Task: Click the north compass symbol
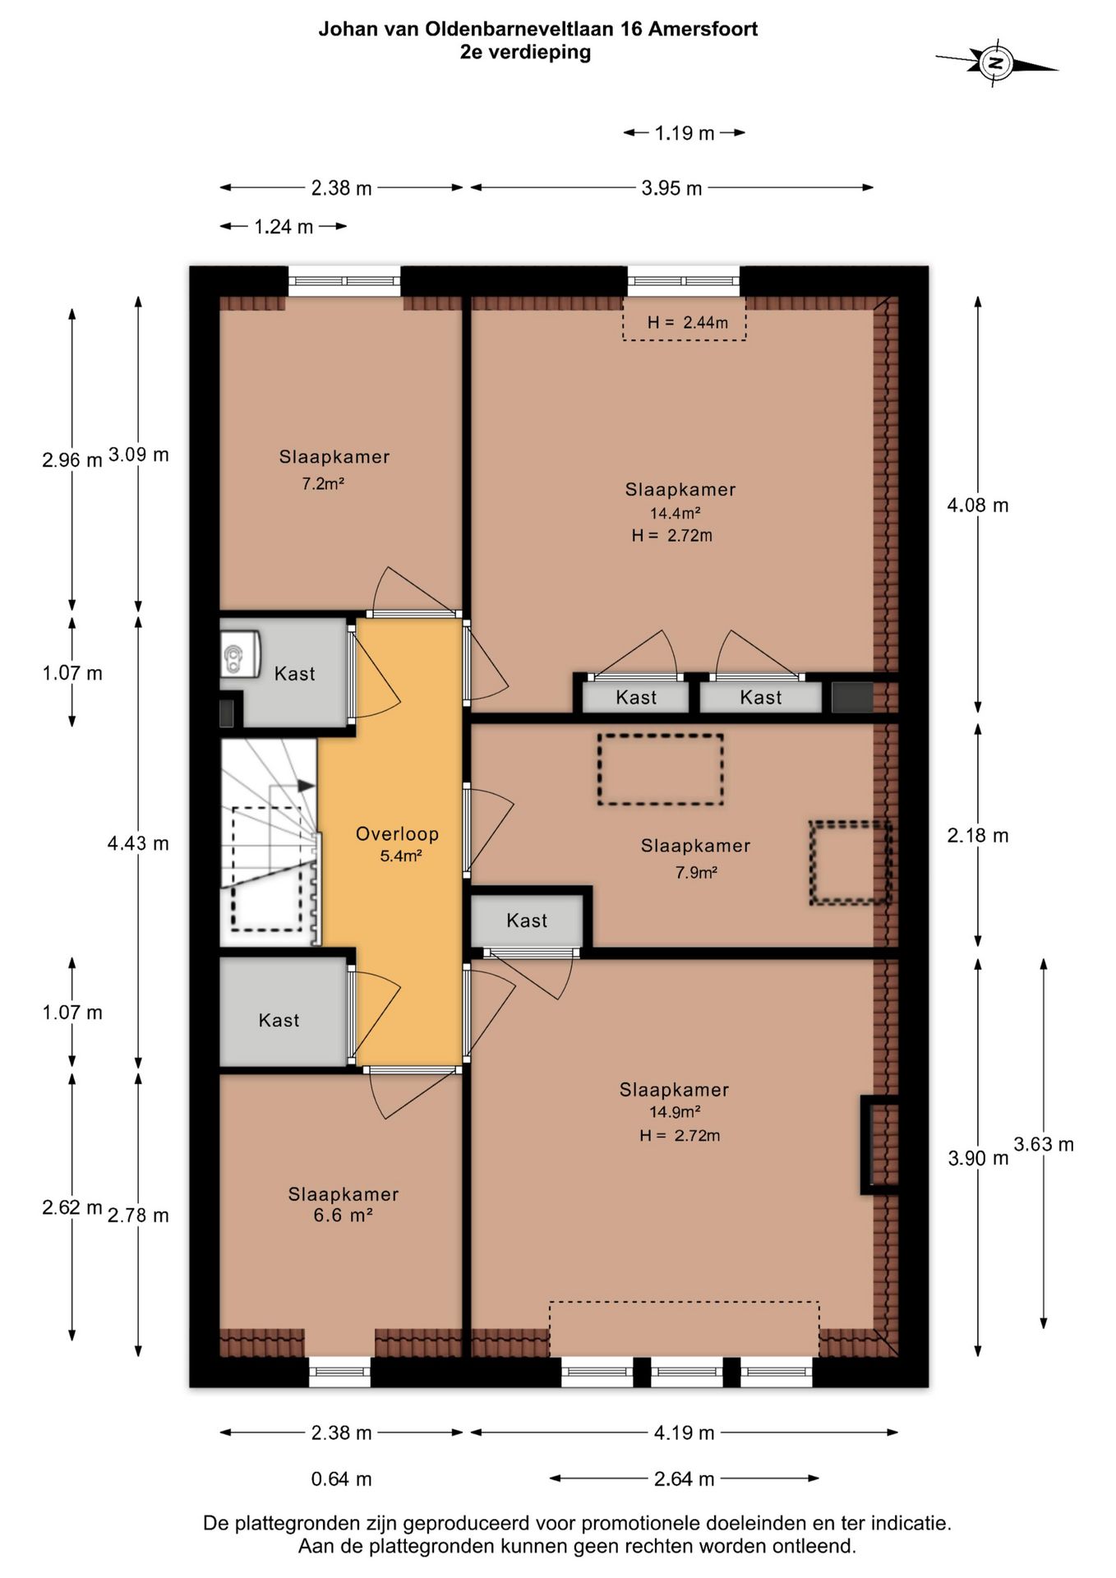[996, 62]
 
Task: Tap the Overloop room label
[397, 833]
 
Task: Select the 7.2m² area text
[323, 483]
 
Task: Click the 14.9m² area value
[675, 1112]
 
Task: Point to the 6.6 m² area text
[344, 1215]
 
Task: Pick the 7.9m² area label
[696, 872]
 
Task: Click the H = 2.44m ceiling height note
[687, 322]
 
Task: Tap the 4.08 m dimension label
[978, 505]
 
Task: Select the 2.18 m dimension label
[978, 835]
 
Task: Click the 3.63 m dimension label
[1044, 1144]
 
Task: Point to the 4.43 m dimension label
[138, 842]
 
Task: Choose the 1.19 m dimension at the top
[685, 132]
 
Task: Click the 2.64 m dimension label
[684, 1479]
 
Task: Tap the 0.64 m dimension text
[341, 1479]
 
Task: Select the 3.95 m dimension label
[671, 187]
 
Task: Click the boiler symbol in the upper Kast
[239, 654]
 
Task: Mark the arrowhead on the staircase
[306, 786]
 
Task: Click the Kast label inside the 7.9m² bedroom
[527, 920]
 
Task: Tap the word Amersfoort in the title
[703, 29]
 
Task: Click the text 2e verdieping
[525, 52]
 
